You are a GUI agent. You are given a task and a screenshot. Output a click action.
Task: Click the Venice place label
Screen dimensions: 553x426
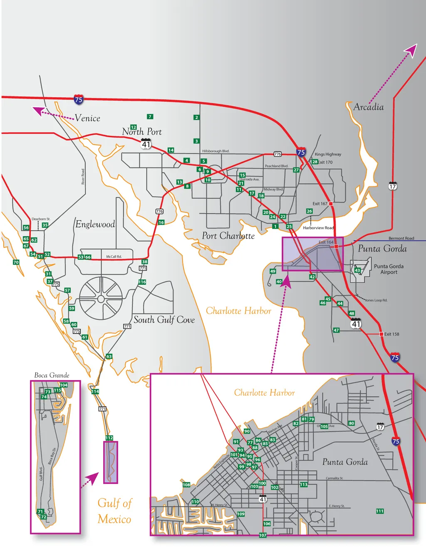pyautogui.click(x=87, y=118)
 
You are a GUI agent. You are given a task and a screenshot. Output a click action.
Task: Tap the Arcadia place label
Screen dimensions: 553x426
pyautogui.click(x=369, y=107)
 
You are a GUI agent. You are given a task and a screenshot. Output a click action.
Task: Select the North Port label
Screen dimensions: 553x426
pyautogui.click(x=142, y=132)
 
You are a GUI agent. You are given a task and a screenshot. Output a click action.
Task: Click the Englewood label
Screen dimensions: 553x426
pyautogui.click(x=95, y=225)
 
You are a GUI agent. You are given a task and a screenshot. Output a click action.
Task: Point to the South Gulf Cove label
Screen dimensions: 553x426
pyautogui.click(x=164, y=320)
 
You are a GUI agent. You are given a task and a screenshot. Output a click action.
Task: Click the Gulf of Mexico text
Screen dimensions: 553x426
pyautogui.click(x=114, y=511)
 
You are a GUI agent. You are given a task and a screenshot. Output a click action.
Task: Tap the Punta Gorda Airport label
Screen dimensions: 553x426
pyautogui.click(x=389, y=269)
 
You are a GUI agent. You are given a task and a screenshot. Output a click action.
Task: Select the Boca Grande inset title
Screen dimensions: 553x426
pyautogui.click(x=52, y=375)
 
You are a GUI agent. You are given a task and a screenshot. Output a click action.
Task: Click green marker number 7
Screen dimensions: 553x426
pyautogui.click(x=150, y=117)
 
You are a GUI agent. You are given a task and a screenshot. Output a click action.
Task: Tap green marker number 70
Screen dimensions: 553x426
pyautogui.click(x=16, y=262)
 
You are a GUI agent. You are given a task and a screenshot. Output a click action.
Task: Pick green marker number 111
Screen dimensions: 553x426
pyautogui.click(x=379, y=511)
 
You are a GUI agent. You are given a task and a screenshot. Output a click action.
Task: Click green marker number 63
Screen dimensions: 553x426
pyautogui.click(x=109, y=356)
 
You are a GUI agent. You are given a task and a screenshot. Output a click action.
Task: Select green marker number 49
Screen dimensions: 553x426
pyautogui.click(x=272, y=271)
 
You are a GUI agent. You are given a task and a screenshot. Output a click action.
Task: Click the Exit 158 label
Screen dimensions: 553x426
pyautogui.click(x=391, y=334)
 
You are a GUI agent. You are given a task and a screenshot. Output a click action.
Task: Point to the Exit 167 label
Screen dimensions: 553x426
pyautogui.click(x=320, y=204)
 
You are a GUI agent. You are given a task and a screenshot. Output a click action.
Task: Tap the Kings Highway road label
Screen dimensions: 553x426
pyautogui.click(x=328, y=154)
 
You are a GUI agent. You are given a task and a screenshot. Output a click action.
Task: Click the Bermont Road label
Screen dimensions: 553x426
pyautogui.click(x=401, y=238)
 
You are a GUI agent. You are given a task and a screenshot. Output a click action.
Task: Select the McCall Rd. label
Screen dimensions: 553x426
pyautogui.click(x=114, y=257)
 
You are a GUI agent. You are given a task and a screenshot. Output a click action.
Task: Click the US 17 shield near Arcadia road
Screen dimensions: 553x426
pyautogui.click(x=392, y=186)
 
